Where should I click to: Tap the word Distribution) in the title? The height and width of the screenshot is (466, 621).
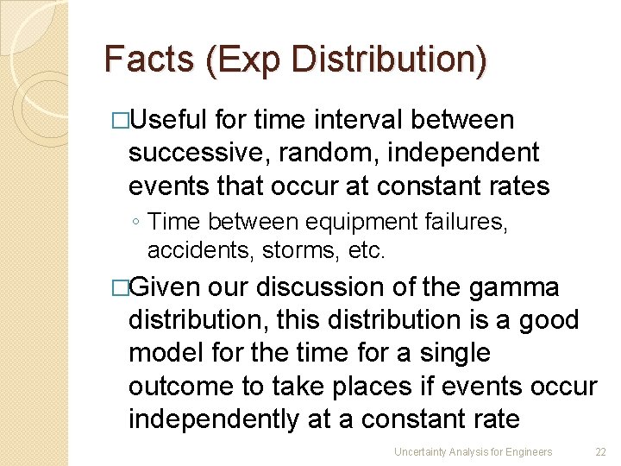point(388,59)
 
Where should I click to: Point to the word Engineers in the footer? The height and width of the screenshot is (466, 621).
point(528,451)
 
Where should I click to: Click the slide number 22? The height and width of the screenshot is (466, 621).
point(600,451)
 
